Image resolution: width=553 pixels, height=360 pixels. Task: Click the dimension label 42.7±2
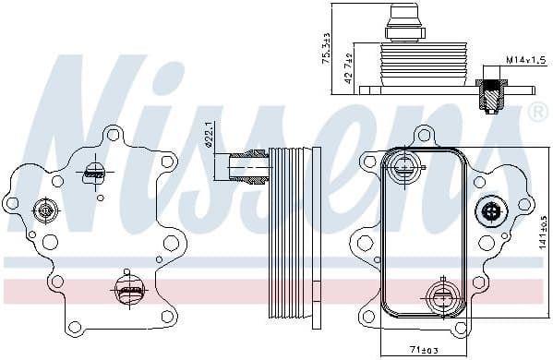pos(349,68)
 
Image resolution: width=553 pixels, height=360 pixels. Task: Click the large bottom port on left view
pos(129,290)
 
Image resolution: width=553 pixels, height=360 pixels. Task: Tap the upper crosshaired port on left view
pos(95,173)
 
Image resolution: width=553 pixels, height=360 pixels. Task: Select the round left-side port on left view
pos(44,211)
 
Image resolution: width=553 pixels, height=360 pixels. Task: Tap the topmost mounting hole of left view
pos(113,136)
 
